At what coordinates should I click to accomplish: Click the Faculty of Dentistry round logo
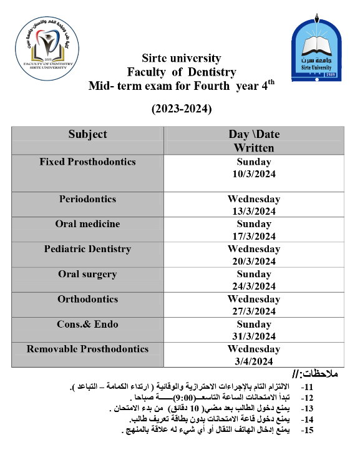click(x=48, y=49)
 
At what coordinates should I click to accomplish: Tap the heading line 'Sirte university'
click(x=181, y=59)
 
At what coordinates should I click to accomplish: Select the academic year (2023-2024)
click(x=182, y=109)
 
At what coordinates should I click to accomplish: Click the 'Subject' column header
click(x=87, y=134)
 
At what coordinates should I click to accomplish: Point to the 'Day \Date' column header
click(x=254, y=134)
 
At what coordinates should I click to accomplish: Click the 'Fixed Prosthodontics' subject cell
click(x=87, y=162)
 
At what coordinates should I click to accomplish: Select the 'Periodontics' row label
click(x=87, y=199)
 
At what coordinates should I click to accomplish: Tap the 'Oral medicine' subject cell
click(x=87, y=224)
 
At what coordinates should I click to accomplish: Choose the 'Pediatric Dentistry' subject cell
click(x=87, y=249)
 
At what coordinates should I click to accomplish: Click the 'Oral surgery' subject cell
click(x=87, y=274)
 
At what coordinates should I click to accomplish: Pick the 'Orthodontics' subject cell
click(x=87, y=299)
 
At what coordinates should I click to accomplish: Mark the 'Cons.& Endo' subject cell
click(x=87, y=324)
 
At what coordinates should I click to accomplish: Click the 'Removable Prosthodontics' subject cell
click(x=87, y=349)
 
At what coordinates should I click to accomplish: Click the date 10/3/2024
click(x=254, y=174)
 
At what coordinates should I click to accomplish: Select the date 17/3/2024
click(x=254, y=237)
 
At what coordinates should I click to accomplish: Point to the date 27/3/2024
click(x=254, y=311)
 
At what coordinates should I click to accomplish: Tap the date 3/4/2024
click(x=254, y=361)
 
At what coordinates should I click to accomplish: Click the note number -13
click(x=307, y=408)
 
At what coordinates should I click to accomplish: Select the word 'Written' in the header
click(x=254, y=148)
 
